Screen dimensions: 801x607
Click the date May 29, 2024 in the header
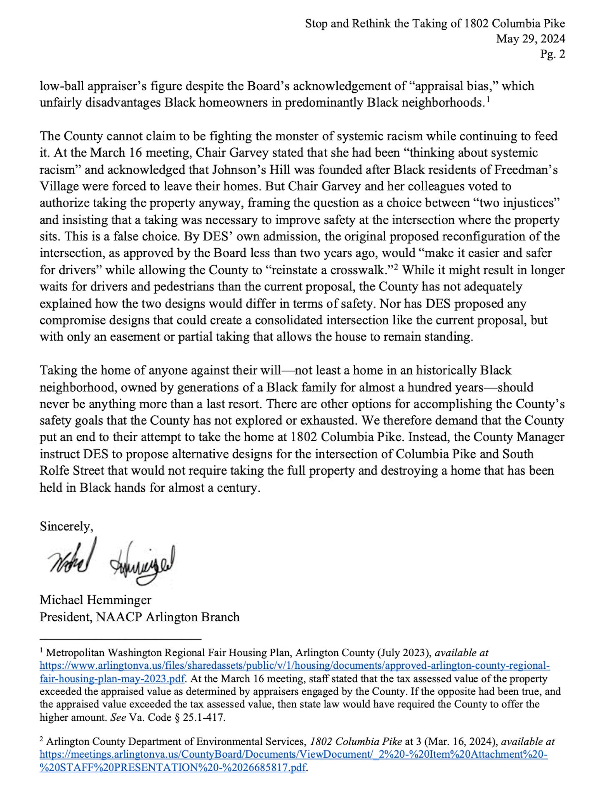click(530, 39)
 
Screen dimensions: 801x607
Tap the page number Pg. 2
click(553, 54)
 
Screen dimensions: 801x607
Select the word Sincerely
click(66, 526)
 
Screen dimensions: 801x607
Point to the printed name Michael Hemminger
click(95, 600)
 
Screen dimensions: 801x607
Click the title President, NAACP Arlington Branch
click(139, 617)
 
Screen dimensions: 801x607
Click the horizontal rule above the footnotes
click(120, 639)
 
